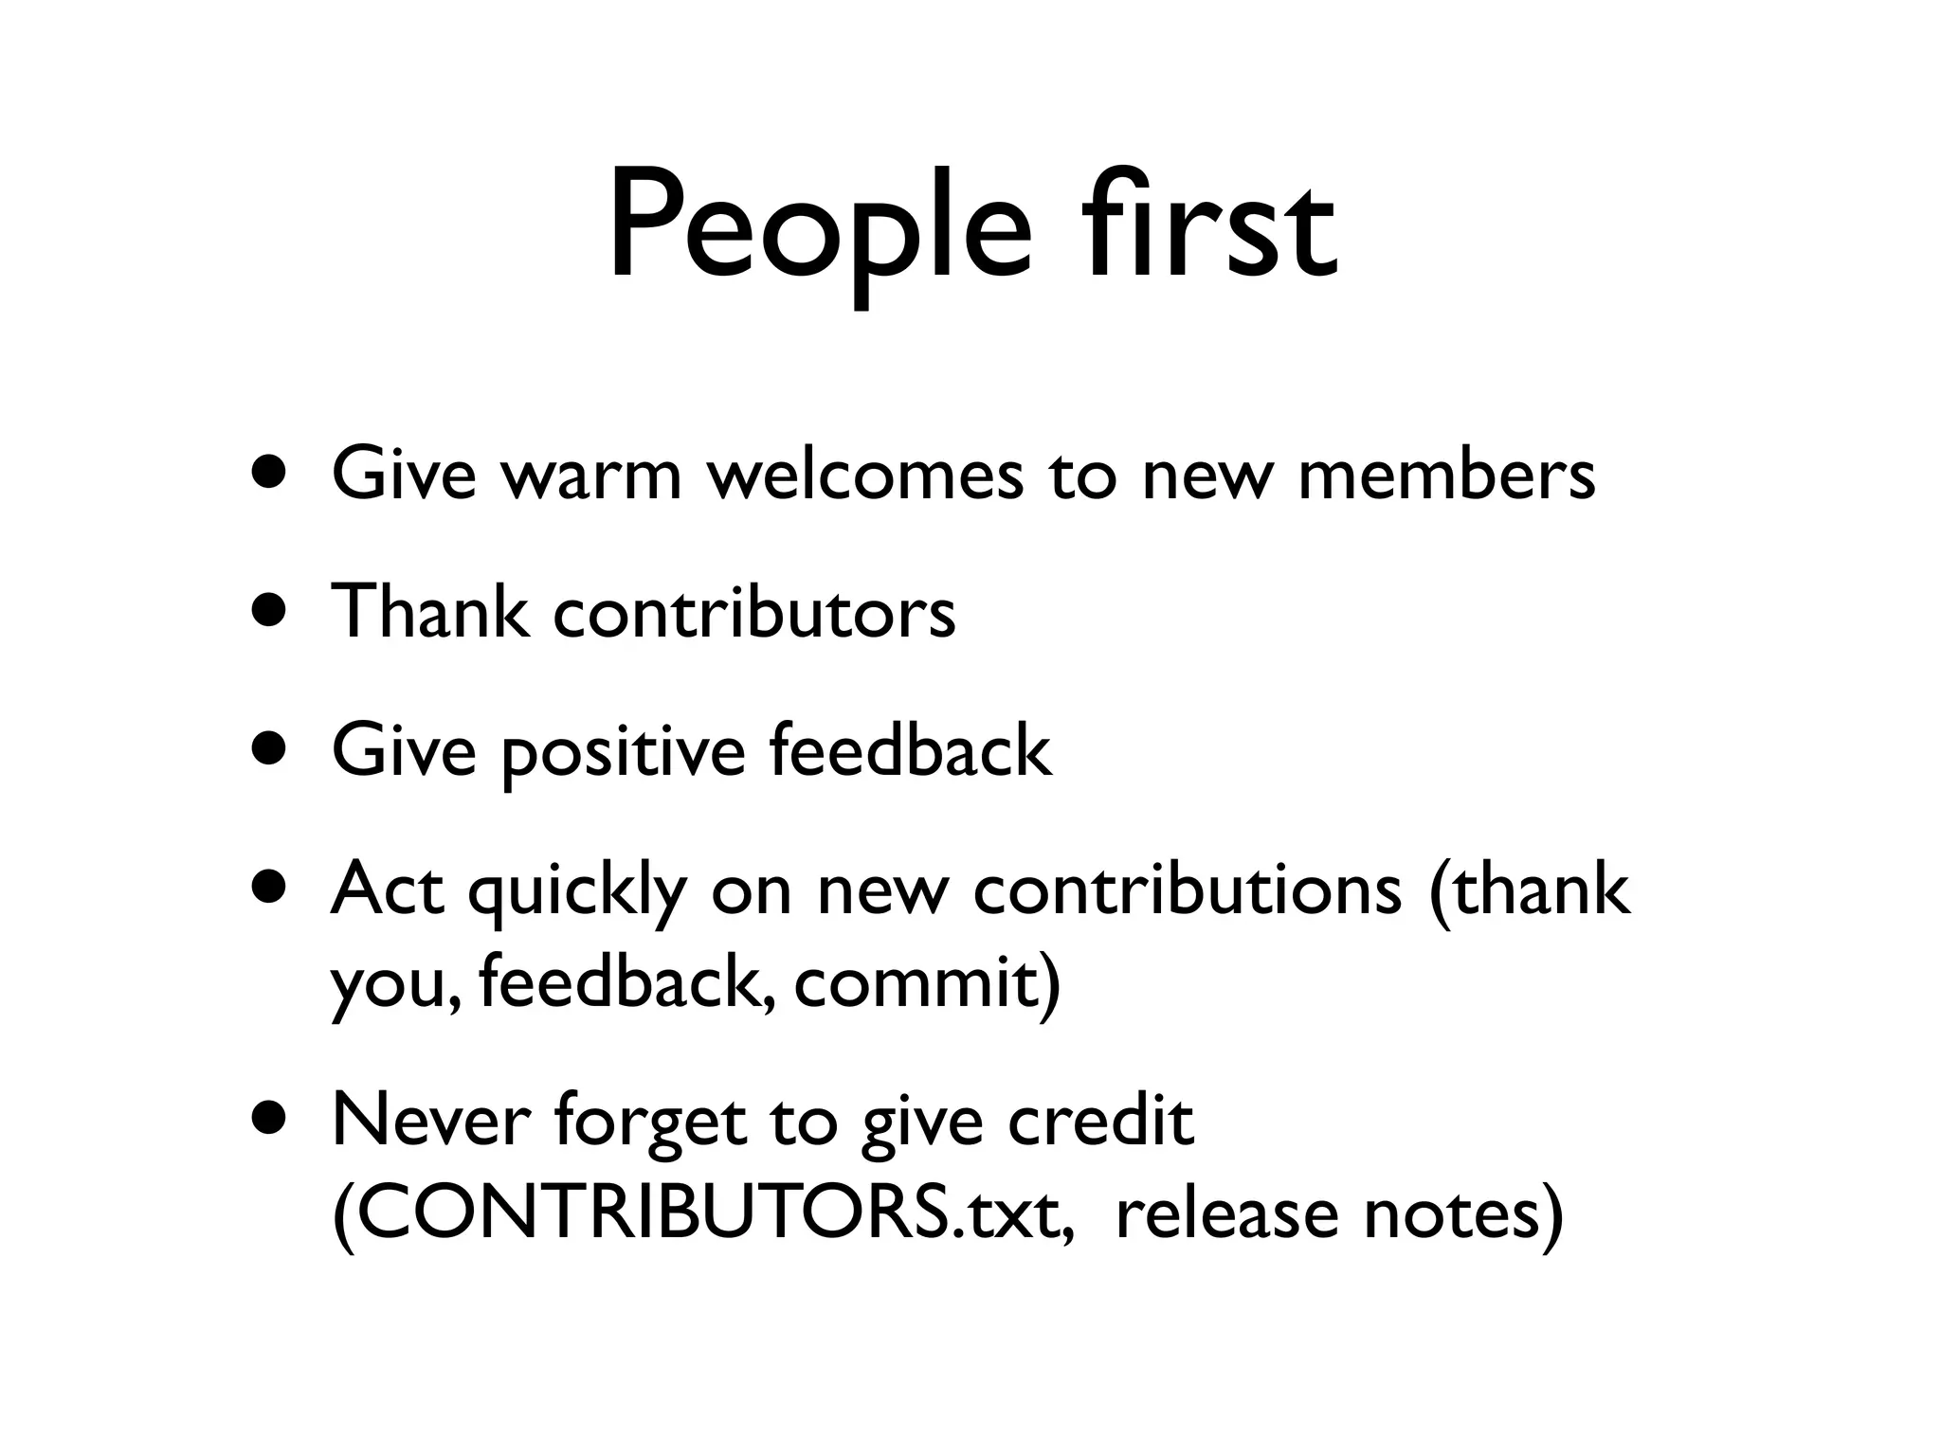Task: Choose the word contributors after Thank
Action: pos(754,611)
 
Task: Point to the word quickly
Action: pos(577,890)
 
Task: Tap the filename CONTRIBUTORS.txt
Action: pos(702,1213)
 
